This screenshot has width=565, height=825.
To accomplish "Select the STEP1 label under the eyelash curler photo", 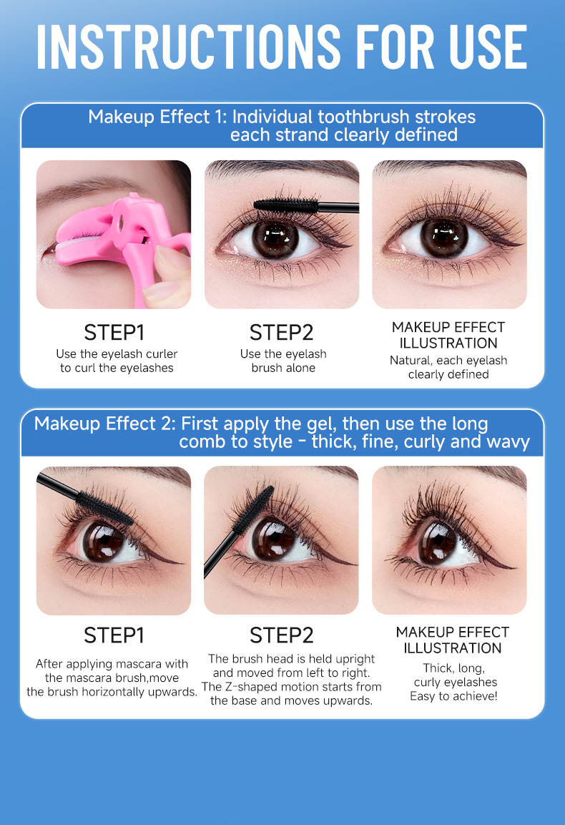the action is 114,333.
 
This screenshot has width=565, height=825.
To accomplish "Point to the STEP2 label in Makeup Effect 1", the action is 282,333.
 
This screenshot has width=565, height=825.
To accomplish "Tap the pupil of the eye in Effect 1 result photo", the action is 444,238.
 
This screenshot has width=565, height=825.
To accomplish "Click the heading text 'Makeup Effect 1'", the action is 157,117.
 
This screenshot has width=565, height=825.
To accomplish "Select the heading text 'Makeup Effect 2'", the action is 104,424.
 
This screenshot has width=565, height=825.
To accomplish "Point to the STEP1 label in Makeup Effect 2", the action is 114,635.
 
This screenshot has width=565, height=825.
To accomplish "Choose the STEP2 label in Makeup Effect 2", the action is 282,635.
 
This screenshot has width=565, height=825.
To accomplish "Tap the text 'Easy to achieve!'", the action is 453,696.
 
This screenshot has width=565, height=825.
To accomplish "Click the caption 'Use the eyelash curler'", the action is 117,353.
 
